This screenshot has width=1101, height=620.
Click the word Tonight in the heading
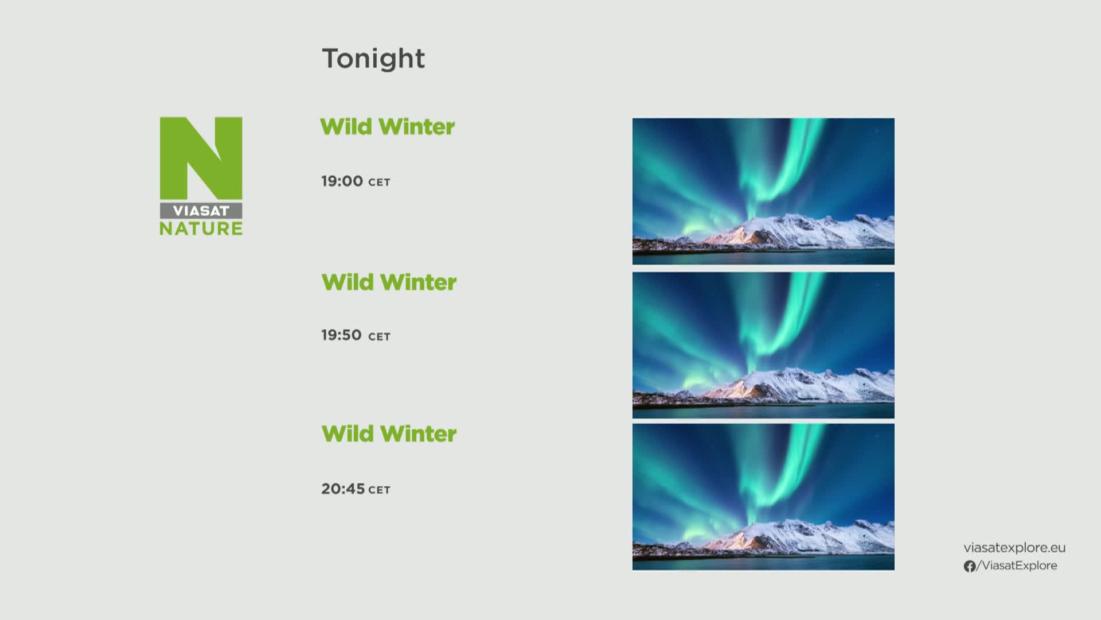[373, 59]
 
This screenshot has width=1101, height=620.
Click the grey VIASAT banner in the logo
[201, 210]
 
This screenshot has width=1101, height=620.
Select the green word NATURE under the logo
[201, 228]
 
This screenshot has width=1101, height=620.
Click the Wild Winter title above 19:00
[387, 127]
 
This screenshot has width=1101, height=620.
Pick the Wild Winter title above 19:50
[389, 282]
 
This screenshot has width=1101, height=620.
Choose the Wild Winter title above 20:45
[389, 433]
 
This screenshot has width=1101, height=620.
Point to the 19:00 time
[342, 181]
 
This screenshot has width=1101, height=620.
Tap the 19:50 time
[341, 335]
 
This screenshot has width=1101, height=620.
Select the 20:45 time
[343, 489]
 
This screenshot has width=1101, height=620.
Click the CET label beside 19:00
[379, 183]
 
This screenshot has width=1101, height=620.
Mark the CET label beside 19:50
[379, 337]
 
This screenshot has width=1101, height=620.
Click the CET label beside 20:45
[379, 490]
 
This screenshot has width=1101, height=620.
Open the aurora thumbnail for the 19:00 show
[763, 191]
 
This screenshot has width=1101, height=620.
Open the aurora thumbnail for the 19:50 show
[763, 345]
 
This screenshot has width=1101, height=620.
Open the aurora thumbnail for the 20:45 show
[763, 497]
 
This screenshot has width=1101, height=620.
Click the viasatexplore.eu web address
[1014, 548]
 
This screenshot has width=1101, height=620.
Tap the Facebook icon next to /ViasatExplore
[970, 567]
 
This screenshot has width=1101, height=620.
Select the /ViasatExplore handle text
[1017, 566]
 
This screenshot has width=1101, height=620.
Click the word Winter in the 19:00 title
[417, 127]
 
